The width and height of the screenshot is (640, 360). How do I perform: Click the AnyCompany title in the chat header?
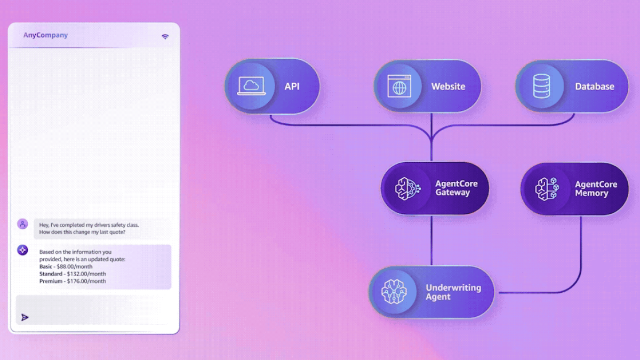click(x=45, y=35)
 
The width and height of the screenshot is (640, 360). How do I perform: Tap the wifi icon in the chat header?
click(x=165, y=37)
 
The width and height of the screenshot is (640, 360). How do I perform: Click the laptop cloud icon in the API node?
click(x=251, y=86)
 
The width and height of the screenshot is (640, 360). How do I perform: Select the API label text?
click(x=292, y=86)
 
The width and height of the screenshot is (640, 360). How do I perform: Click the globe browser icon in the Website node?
click(x=399, y=86)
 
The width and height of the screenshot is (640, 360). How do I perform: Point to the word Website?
click(x=449, y=86)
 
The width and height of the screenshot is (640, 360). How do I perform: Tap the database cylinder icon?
click(x=541, y=86)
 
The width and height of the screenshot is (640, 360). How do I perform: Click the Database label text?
click(x=595, y=86)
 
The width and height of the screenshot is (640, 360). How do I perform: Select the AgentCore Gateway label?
click(x=457, y=188)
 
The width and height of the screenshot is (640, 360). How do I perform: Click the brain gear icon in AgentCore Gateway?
click(x=407, y=189)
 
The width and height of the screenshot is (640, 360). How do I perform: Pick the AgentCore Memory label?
click(x=596, y=189)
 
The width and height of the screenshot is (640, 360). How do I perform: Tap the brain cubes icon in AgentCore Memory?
click(x=547, y=189)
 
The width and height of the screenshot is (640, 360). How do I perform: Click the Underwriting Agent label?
click(x=453, y=292)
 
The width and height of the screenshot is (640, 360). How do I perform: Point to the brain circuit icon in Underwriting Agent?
click(x=394, y=292)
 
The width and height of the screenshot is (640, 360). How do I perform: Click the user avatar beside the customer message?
click(x=22, y=224)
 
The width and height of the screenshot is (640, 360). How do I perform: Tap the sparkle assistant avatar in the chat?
click(x=22, y=250)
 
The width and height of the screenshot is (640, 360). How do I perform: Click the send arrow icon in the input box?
click(x=25, y=317)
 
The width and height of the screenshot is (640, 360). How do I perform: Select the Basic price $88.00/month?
click(x=75, y=267)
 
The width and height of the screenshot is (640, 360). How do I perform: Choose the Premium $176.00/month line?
click(x=73, y=281)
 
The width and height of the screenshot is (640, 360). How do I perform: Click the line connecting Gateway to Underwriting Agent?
click(x=431, y=241)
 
